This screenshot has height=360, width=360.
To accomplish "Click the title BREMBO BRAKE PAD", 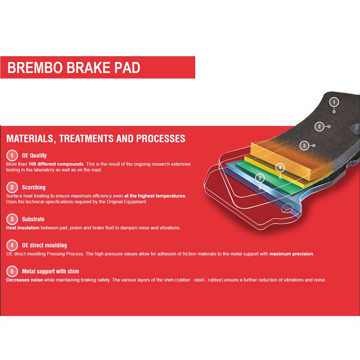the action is pyautogui.click(x=74, y=67).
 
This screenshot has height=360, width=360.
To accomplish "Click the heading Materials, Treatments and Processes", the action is pyautogui.click(x=96, y=139).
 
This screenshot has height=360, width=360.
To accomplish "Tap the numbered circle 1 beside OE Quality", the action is pyautogui.click(x=12, y=155).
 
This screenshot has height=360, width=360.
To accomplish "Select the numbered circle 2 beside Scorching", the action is pyautogui.click(x=12, y=187).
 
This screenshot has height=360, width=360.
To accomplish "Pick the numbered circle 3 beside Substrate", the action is pyautogui.click(x=12, y=219).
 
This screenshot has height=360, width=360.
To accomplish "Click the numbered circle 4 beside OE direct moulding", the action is pyautogui.click(x=12, y=245).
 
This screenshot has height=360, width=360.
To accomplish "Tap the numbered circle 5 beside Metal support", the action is pyautogui.click(x=12, y=271).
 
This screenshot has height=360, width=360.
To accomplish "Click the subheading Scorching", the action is pyautogui.click(x=34, y=187).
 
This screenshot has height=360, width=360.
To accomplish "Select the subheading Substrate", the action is pyautogui.click(x=33, y=219).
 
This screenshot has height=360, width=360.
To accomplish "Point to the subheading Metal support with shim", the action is pyautogui.click(x=51, y=271).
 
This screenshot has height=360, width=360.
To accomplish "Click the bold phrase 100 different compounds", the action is pyautogui.click(x=56, y=164).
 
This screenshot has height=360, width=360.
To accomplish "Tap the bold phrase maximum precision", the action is pyautogui.click(x=291, y=254).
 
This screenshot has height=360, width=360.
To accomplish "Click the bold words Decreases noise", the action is pyautogui.click(x=24, y=280).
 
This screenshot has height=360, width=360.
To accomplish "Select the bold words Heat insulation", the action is pyautogui.click(x=23, y=228).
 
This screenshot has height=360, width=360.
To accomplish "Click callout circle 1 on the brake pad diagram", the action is pyautogui.click(x=334, y=102).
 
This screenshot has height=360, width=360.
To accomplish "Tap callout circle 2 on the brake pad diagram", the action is pyautogui.click(x=319, y=127).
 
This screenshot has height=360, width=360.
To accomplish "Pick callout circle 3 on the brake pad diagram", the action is pyautogui.click(x=304, y=146).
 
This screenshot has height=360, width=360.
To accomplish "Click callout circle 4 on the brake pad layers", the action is pyautogui.click(x=280, y=168).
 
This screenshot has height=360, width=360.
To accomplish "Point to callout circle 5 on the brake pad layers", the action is pyautogui.click(x=260, y=178).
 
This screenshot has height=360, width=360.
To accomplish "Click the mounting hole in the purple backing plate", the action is pyautogui.click(x=287, y=209).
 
